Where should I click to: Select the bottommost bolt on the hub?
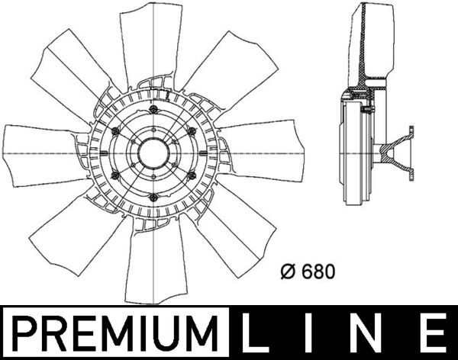tap(153, 200)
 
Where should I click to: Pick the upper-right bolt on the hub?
tap(192, 131)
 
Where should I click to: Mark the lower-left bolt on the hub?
tap(114, 176)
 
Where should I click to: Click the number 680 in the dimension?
tap(319, 271)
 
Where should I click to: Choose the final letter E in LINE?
tap(432, 334)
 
